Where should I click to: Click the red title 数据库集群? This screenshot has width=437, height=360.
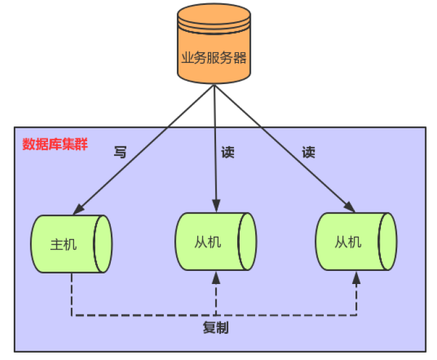55,144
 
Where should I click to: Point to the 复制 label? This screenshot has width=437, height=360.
215,328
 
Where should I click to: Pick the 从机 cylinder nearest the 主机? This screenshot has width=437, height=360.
215,242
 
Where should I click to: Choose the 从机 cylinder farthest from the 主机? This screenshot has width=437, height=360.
355,242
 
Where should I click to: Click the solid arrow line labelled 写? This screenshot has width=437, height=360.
149,146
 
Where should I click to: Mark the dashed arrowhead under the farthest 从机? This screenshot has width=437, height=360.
357,280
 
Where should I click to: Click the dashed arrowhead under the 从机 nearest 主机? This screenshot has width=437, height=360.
216,280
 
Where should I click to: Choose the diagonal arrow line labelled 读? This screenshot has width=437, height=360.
280,146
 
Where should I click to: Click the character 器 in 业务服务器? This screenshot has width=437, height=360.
240,58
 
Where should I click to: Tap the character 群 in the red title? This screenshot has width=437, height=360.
81,144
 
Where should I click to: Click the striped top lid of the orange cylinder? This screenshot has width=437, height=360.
214,19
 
